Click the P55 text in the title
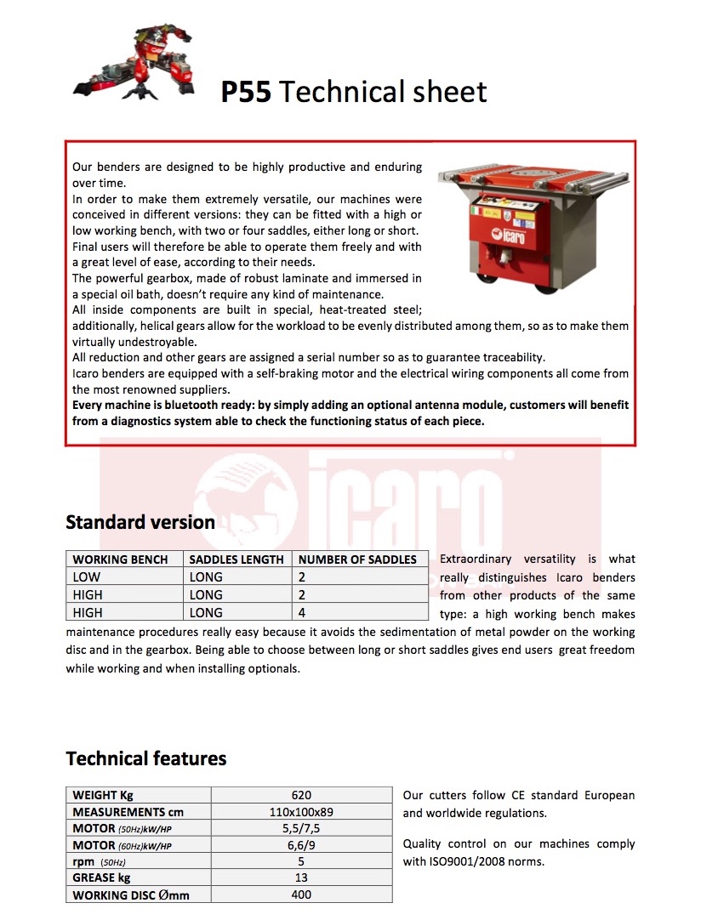coord(246,92)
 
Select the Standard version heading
coord(140,522)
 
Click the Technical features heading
coord(146,758)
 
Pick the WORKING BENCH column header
coord(126,559)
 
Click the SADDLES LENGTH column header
coord(237,559)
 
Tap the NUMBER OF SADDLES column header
coord(357,559)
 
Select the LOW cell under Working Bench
coord(87,577)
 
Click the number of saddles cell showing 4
coord(302,612)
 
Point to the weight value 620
coord(301,795)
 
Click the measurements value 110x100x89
coord(301,812)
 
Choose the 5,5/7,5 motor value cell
coord(301,828)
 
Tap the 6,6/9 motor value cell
coord(301,845)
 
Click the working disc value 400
coord(301,894)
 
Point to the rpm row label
coord(83,861)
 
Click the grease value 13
coord(301,877)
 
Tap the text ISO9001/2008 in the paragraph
coord(477,861)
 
